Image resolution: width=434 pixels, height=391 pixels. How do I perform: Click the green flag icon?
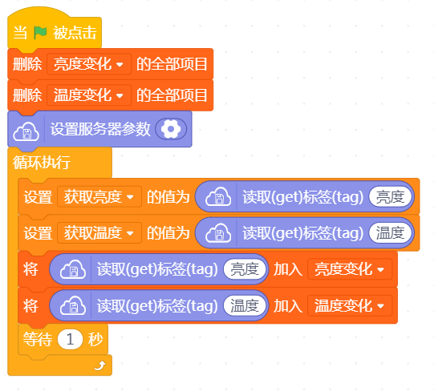pos(40,33)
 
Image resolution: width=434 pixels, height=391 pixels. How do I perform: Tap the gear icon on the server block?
pos(171,129)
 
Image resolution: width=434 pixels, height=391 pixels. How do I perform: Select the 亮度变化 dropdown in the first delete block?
pos(89,64)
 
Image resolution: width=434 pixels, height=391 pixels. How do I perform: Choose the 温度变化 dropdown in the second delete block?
pos(89,95)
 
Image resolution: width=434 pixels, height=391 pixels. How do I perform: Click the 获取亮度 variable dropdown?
pos(99,197)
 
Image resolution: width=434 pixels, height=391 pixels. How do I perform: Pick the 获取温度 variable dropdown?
pos(99,233)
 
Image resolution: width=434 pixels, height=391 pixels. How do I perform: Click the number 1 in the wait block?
pos(70,339)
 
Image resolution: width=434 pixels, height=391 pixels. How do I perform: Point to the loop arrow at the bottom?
pos(100,365)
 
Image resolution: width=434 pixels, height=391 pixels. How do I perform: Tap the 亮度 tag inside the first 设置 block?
pos(390,197)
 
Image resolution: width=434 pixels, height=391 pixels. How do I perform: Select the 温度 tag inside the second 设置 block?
pos(390,233)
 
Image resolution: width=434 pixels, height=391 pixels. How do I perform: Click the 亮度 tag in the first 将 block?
pos(245,269)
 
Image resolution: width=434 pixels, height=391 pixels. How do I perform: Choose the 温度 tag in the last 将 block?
pos(245,305)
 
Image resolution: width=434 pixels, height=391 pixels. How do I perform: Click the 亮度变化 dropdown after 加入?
pos(350,269)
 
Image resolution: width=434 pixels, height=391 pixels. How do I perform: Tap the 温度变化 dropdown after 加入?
pos(350,305)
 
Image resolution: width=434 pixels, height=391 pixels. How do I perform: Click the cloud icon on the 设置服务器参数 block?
pos(26,131)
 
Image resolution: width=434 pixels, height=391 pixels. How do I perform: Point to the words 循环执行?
pos(42,163)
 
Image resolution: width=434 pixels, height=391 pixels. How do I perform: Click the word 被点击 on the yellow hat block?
pos(75,33)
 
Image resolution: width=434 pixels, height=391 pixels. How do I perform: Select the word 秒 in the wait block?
pos(95,339)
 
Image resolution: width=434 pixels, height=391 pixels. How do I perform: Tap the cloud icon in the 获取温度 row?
pos(218,233)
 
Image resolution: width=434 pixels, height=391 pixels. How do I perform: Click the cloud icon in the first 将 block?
pos(73,269)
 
